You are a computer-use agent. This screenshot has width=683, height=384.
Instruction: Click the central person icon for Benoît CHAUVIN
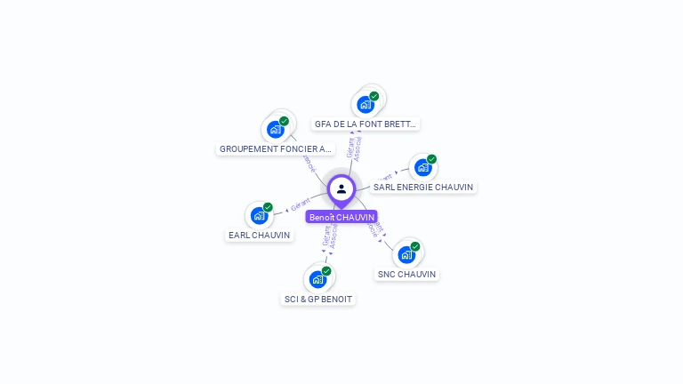point(341,188)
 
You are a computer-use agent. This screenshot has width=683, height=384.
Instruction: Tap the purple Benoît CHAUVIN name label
point(341,217)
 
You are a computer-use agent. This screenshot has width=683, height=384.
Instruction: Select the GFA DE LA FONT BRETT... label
point(365,124)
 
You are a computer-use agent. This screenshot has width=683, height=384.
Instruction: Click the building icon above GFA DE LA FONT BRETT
point(365,104)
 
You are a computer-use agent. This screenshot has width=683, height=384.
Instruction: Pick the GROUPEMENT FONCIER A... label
point(275,149)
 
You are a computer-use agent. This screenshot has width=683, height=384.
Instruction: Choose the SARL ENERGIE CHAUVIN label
point(423,187)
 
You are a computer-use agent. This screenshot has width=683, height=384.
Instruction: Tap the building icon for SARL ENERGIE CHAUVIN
point(422,167)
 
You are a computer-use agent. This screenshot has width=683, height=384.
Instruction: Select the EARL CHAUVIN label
point(259,236)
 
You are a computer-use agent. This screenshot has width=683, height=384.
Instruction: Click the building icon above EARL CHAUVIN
point(259,215)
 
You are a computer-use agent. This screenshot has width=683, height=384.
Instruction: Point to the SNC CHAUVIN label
point(406,275)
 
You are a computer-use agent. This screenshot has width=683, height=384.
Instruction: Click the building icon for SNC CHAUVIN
point(406,254)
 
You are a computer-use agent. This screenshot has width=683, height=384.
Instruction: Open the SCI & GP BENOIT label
point(317,300)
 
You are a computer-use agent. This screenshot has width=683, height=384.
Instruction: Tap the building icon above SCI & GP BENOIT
point(317,279)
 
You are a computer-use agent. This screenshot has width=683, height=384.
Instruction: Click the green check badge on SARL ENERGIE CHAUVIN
point(431,159)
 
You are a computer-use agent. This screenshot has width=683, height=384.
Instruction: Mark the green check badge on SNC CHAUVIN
point(415,246)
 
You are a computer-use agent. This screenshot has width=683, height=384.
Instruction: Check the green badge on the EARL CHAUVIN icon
point(268,207)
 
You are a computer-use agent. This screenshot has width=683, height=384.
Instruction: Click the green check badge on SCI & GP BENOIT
point(326,271)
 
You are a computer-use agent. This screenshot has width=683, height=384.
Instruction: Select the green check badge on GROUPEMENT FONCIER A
point(284,121)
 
